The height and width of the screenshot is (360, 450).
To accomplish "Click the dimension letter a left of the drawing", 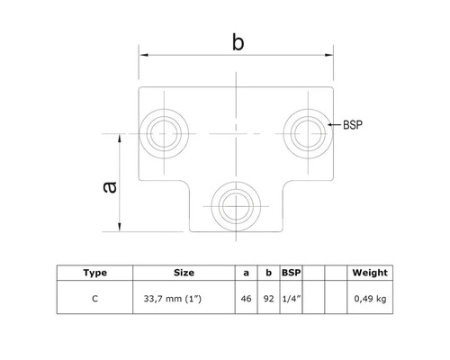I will point(108,185).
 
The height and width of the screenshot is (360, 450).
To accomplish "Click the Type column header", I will point(94,272).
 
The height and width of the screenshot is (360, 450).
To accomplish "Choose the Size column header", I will point(184,272).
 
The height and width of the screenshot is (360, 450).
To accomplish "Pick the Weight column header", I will point(369,272).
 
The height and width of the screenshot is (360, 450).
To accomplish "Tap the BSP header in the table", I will point(290,272).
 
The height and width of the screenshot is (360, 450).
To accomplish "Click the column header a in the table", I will point(247,272).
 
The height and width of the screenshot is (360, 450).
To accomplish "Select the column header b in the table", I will point(267,272).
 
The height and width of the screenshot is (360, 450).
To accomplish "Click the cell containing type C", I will point(94,296).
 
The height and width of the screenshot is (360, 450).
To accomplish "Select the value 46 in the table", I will point(247,296).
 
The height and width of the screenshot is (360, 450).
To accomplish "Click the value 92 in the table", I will point(267,296).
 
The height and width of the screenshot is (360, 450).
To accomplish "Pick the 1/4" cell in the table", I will point(290,296).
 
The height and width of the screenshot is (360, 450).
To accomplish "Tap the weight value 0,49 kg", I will point(369,296).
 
